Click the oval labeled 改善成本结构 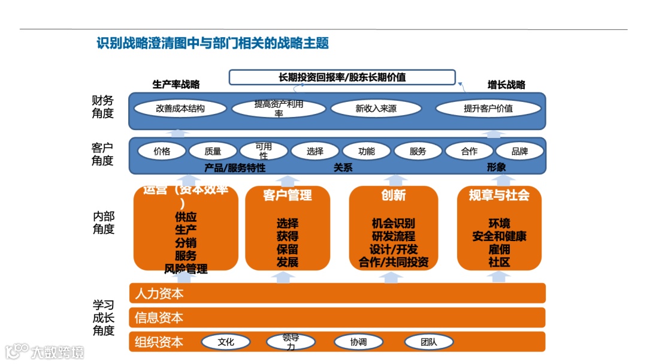click(180, 109)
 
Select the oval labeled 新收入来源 click(376, 109)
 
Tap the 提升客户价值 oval click(488, 109)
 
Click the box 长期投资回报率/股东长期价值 click(342, 77)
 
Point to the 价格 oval click(162, 151)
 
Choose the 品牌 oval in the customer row click(519, 151)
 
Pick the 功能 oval click(367, 151)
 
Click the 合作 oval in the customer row click(469, 151)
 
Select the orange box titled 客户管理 click(288, 228)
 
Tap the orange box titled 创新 click(394, 228)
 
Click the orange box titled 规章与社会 click(499, 228)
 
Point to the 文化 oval click(226, 342)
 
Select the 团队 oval click(428, 342)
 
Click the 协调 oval click(358, 342)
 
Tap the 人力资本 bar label click(159, 294)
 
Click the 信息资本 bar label click(159, 318)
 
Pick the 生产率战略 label click(176, 85)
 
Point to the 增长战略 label click(506, 85)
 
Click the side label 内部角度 click(104, 222)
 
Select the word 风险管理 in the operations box click(186, 269)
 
